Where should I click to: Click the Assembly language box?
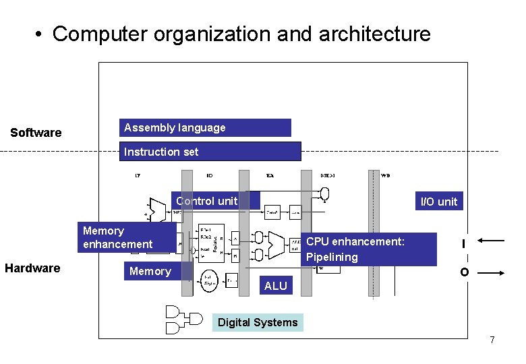[206, 128]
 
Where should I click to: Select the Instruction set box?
[210, 152]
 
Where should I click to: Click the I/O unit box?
[438, 201]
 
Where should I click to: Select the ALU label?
[276, 286]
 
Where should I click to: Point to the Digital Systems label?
[258, 322]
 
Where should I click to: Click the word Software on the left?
[36, 133]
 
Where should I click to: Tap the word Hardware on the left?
[32, 268]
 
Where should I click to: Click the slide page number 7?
[492, 340]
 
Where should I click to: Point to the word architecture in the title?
[372, 34]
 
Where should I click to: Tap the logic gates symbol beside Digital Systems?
[183, 320]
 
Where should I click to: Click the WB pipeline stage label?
[385, 175]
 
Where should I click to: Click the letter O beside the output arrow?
[464, 273]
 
